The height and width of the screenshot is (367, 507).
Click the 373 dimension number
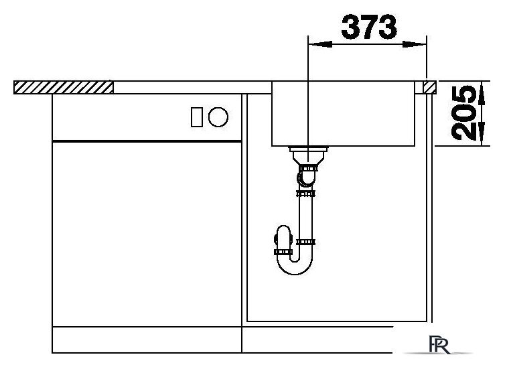pyautogui.click(x=369, y=27)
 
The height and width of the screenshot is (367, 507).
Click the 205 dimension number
pyautogui.click(x=464, y=113)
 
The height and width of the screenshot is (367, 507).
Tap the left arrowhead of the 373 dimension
pyautogui.click(x=320, y=44)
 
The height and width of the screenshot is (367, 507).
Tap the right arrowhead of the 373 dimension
pyautogui.click(x=414, y=45)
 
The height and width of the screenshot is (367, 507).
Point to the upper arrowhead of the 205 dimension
pyautogui.click(x=482, y=94)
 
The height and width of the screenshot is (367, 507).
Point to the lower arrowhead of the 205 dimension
pyautogui.click(x=482, y=133)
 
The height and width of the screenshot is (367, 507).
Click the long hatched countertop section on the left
pyautogui.click(x=64, y=87)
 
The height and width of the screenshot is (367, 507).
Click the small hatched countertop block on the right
pyautogui.click(x=429, y=87)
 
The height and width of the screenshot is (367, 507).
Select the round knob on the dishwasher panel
pyautogui.click(x=218, y=117)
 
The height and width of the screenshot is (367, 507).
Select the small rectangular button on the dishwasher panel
pyautogui.click(x=197, y=117)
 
